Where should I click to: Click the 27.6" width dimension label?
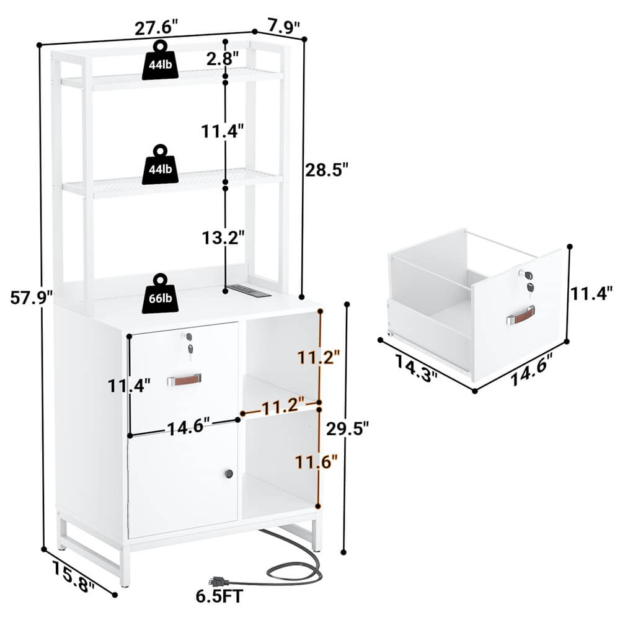pos(157,27)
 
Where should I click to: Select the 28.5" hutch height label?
pos(324,169)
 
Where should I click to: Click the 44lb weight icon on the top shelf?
pos(161,61)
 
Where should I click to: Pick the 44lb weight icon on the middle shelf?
pos(161,165)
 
